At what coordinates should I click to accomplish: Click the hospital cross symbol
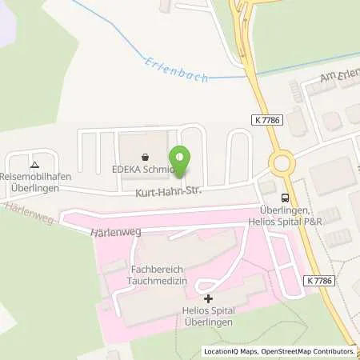pyautogui.click(x=198, y=298)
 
